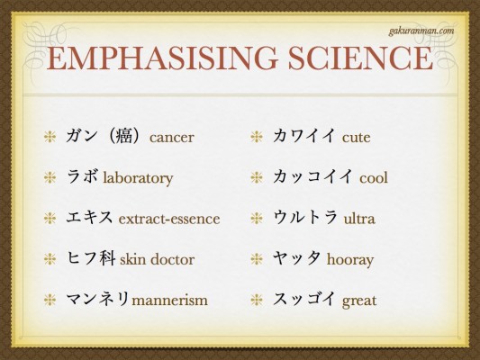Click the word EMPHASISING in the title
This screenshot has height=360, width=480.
click(x=162, y=58)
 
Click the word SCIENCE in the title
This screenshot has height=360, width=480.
click(x=360, y=58)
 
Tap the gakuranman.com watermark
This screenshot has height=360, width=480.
click(x=421, y=31)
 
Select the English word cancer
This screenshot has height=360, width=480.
click(x=171, y=138)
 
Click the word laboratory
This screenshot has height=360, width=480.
click(x=138, y=178)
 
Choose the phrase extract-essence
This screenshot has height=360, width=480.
click(x=169, y=219)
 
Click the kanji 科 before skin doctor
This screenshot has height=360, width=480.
click(x=107, y=258)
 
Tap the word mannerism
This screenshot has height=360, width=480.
click(x=169, y=300)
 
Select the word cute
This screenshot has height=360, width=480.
click(x=356, y=138)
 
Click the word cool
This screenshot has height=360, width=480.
click(x=374, y=177)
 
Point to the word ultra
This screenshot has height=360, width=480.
click(x=359, y=219)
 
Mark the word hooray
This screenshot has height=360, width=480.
click(x=350, y=260)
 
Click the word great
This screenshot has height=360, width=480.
click(x=359, y=301)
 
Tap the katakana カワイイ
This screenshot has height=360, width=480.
click(x=304, y=136)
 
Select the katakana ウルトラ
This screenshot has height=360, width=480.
click(x=305, y=217)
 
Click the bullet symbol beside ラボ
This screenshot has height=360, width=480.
click(x=50, y=177)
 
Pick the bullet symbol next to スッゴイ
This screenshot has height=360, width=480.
click(x=257, y=300)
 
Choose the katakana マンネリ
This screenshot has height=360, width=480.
click(x=97, y=299)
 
